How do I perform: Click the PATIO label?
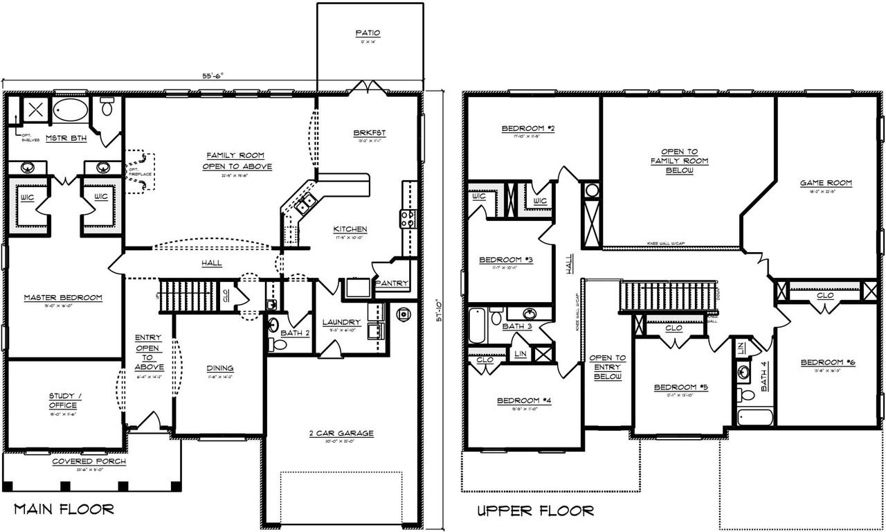point(368,33)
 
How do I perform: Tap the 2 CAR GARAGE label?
point(341,434)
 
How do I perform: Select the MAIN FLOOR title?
point(64,510)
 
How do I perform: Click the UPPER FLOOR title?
point(535,511)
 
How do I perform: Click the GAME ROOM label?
point(826,184)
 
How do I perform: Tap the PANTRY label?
point(391,283)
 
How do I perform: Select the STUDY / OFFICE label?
point(65,400)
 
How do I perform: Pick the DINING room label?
point(219,368)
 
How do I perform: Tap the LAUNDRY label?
point(341,322)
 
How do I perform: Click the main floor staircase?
point(188,296)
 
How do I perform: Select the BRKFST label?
point(369,133)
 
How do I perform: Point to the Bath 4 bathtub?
point(754,417)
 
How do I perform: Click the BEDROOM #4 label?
point(523,401)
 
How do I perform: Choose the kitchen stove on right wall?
point(408,219)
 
